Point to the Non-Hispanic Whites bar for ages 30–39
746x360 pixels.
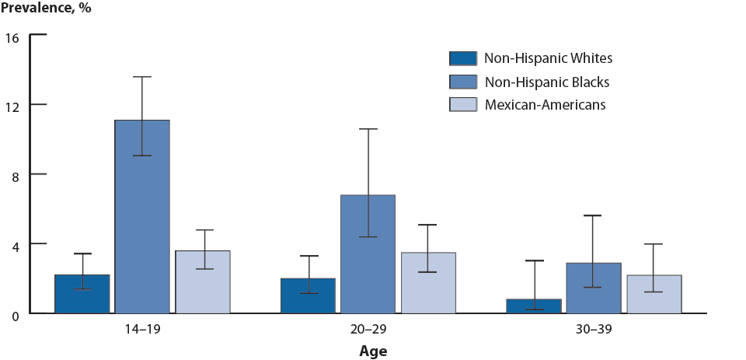[x=533, y=306]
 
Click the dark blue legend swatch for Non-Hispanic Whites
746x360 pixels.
[x=462, y=58]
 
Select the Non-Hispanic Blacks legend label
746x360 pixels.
[x=546, y=82]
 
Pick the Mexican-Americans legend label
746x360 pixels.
[x=545, y=104]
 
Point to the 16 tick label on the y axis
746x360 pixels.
[x=13, y=36]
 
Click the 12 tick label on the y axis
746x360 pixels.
[x=13, y=105]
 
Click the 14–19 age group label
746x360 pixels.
[x=142, y=329]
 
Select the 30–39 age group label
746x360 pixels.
[x=594, y=329]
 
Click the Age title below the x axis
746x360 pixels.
[x=373, y=351]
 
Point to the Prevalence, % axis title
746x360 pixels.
[x=46, y=9]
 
